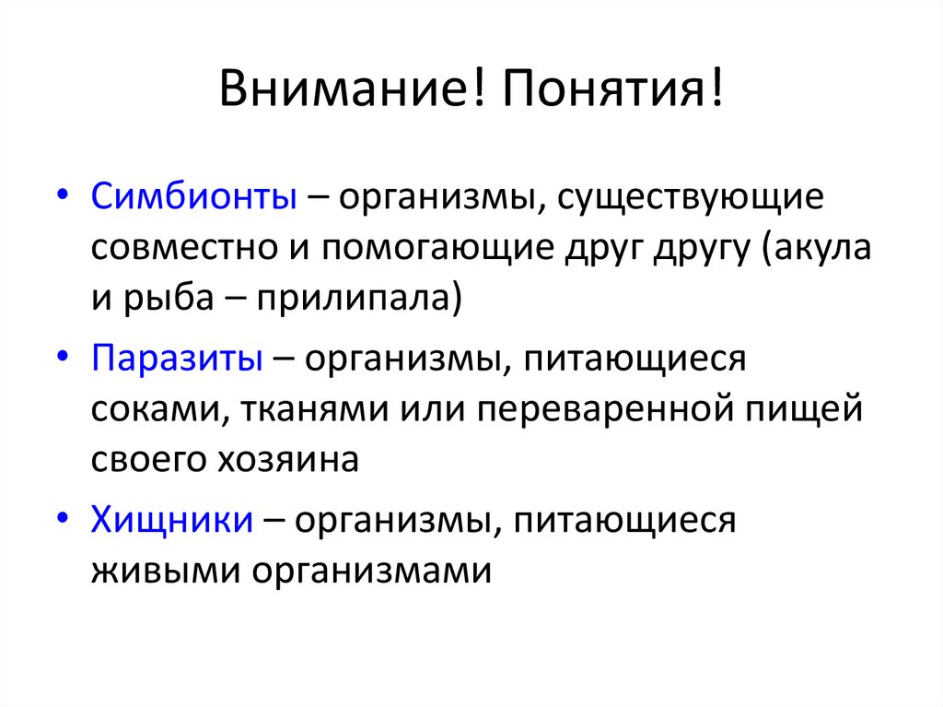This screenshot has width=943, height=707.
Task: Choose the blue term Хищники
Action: tap(172, 520)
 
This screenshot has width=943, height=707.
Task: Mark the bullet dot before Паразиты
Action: tap(61, 357)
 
